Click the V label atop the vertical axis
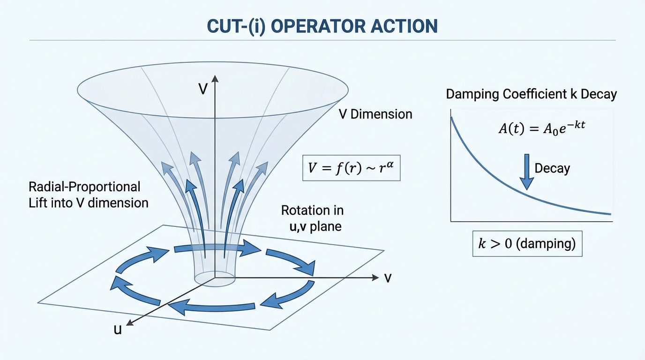203,89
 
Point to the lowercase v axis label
388,277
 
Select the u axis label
118,330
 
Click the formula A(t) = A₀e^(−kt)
542,128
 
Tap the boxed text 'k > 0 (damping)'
527,243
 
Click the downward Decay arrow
526,171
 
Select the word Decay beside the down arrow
552,168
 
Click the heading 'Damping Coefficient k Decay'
531,94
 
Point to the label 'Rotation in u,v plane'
311,218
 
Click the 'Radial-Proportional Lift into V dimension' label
88,195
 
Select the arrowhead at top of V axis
215,78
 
